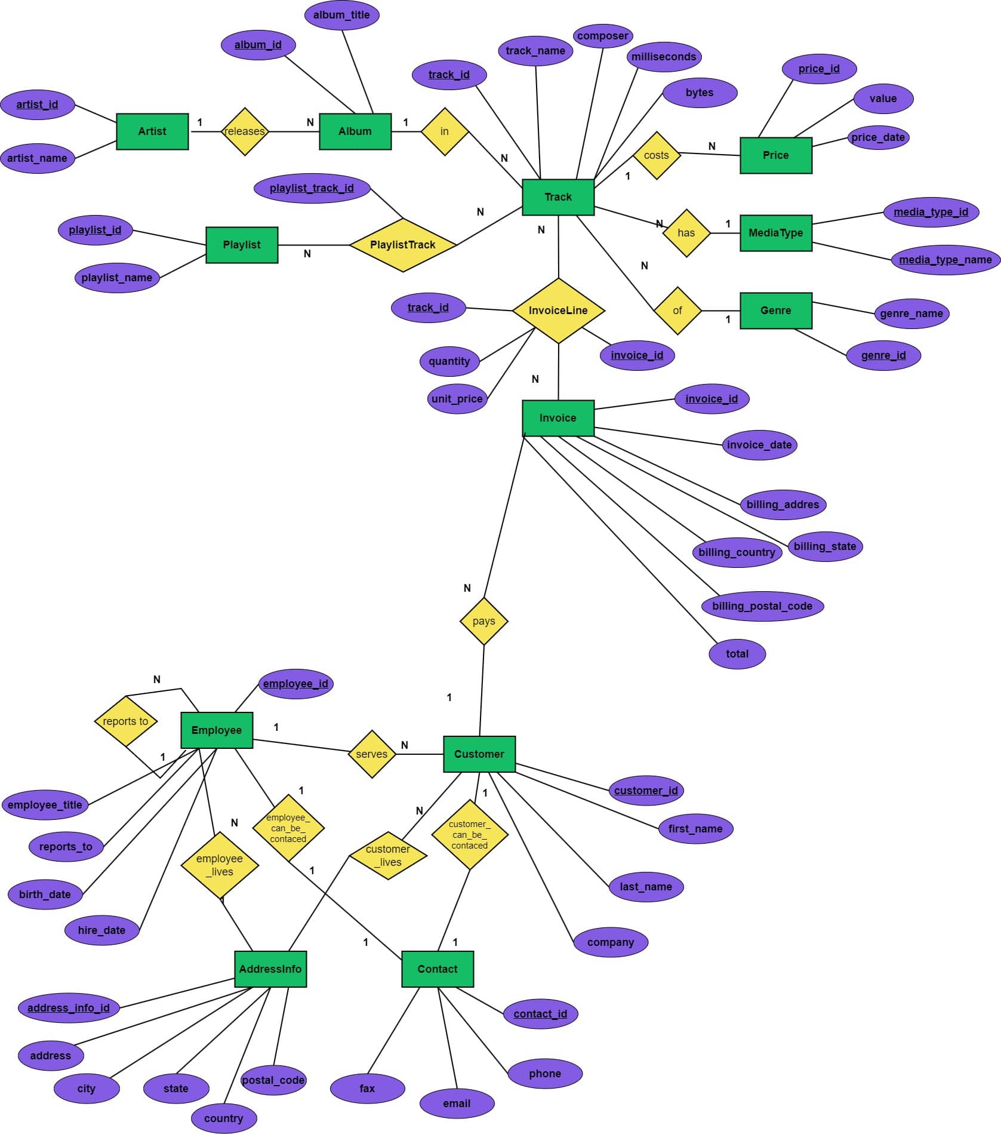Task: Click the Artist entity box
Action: pos(152,131)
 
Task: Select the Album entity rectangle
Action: pos(355,131)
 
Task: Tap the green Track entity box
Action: pos(558,197)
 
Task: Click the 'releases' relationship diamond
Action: pos(245,131)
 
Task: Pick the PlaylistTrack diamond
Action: pos(403,245)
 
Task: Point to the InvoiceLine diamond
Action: pos(558,311)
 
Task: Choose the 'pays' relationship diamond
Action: pos(483,621)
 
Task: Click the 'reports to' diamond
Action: pos(125,721)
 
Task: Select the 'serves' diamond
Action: pos(372,754)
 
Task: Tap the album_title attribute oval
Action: pos(341,15)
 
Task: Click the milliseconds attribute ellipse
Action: pos(664,57)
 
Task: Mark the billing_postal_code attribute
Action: pos(762,606)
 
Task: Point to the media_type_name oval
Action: pos(945,260)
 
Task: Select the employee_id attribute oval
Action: pos(295,684)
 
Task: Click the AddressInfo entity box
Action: pos(270,969)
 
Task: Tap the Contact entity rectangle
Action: pos(438,969)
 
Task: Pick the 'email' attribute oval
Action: pos(457,1104)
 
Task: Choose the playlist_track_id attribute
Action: pos(312,188)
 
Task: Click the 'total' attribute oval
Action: pos(737,654)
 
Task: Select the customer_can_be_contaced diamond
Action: pos(470,835)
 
